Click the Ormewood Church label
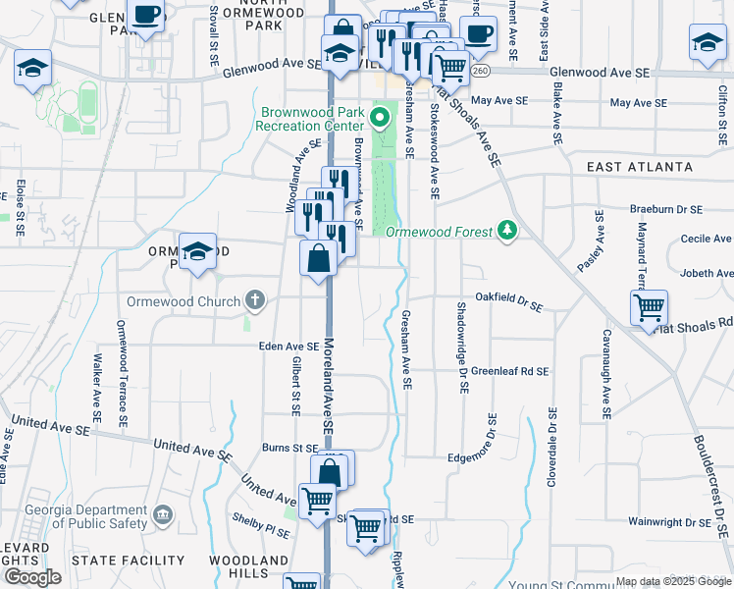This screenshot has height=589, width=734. click(x=183, y=301)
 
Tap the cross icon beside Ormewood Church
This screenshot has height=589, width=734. click(x=254, y=299)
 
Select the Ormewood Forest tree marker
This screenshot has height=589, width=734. click(x=507, y=230)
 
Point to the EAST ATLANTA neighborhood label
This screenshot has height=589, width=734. click(x=639, y=168)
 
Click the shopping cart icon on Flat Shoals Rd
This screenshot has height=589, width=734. click(x=649, y=307)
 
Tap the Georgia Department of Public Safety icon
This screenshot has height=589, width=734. click(x=164, y=513)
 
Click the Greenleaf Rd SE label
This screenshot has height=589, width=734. click(x=508, y=372)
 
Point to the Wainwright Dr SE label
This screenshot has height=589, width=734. click(x=665, y=521)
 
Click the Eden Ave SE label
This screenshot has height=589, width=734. click(x=288, y=347)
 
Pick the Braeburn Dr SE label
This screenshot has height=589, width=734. click(x=667, y=210)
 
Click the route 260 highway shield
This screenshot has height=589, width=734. click(x=479, y=71)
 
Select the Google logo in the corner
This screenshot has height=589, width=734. click(x=32, y=577)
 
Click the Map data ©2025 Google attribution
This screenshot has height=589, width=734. click(x=672, y=582)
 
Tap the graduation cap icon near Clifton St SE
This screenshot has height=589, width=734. click(x=707, y=42)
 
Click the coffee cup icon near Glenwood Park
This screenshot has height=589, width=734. click(x=146, y=16)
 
